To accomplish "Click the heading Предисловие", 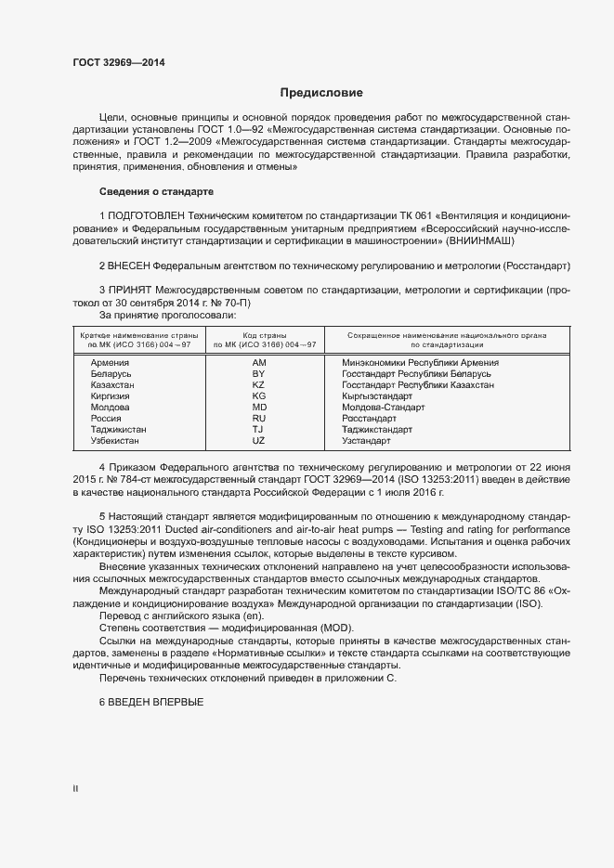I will [x=322, y=93].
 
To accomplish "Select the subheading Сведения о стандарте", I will [x=156, y=191].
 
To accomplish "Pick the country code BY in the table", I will [x=258, y=374].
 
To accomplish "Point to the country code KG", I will [x=258, y=396].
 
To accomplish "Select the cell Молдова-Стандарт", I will [x=383, y=408].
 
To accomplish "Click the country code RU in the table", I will [x=258, y=419].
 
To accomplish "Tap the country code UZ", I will [x=258, y=441].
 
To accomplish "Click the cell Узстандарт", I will [x=366, y=441].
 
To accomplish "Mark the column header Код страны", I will [x=265, y=334].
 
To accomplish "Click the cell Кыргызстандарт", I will [x=376, y=396].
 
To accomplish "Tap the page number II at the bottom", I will [x=75, y=789].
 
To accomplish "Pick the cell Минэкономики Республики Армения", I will [x=420, y=363].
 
